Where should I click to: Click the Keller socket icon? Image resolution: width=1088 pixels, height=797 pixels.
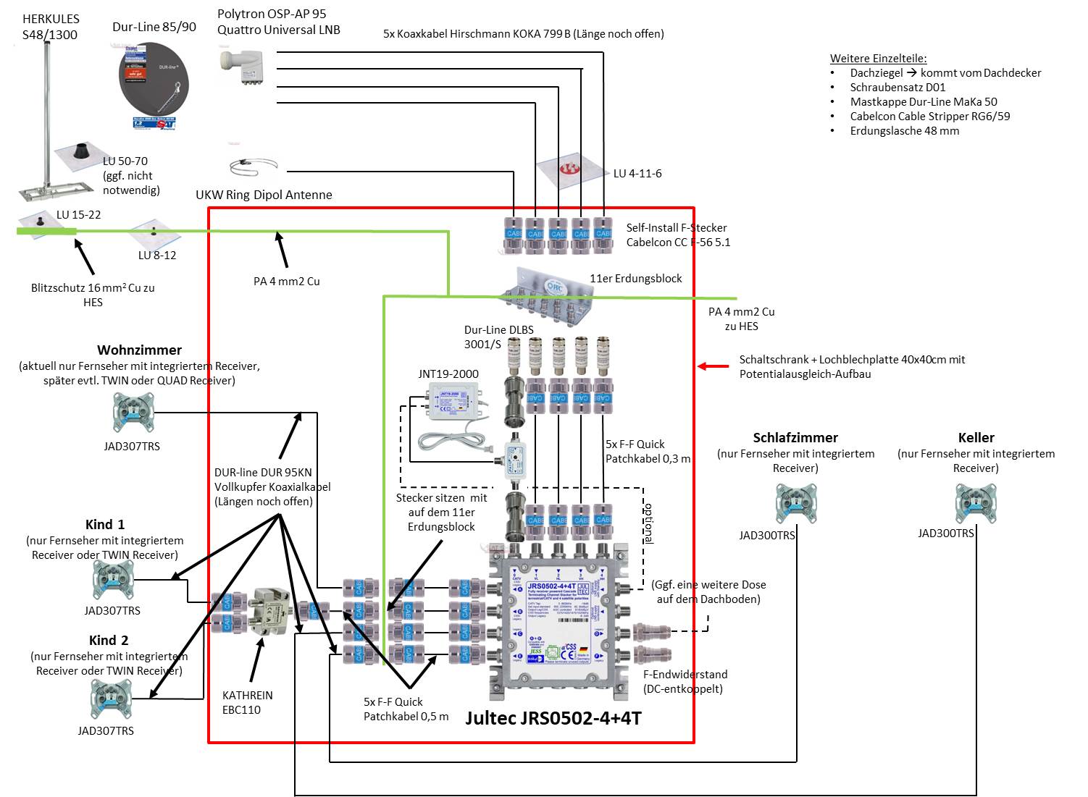[x=975, y=502]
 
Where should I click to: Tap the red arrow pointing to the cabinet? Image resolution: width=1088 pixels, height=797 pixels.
[x=714, y=366]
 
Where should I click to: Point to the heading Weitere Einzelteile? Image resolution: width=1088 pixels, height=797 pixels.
[x=878, y=59]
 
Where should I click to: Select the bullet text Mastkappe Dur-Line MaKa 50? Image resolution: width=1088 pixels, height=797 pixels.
[x=924, y=102]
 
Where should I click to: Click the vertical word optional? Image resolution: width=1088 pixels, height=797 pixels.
[x=648, y=523]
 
